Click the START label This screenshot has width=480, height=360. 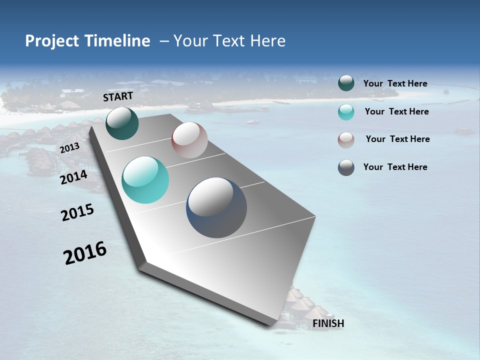(118, 96)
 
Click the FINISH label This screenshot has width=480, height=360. (328, 323)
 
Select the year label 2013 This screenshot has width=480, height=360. (69, 148)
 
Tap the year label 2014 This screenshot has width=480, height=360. (73, 177)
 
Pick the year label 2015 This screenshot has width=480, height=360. (77, 212)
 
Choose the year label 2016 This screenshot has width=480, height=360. (85, 253)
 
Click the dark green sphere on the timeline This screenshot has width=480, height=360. (122, 123)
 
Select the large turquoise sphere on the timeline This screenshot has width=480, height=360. (145, 180)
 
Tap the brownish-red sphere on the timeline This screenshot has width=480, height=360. (189, 140)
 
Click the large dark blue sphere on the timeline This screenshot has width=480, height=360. (216, 207)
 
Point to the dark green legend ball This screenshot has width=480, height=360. (346, 83)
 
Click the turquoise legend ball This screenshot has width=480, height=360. (346, 112)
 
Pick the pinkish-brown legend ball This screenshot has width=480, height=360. (346, 139)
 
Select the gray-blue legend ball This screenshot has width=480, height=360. (346, 167)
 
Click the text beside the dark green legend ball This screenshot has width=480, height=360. (395, 83)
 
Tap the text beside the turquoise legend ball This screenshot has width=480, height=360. (396, 111)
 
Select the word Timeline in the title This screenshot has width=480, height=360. (117, 41)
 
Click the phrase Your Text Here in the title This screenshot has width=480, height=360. (229, 41)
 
